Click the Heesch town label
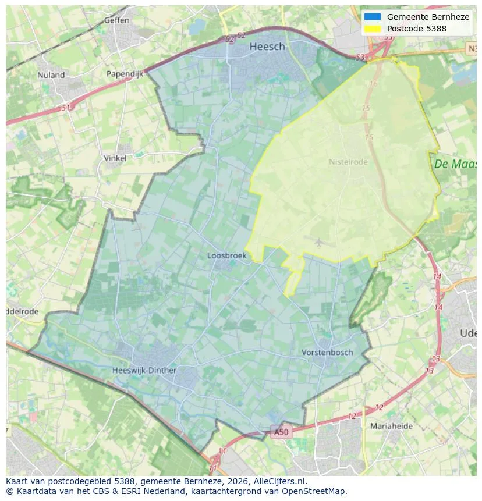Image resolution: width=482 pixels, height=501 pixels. [267, 47]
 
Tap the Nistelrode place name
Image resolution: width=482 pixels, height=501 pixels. [348, 162]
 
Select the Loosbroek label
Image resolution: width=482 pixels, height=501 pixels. [227, 255]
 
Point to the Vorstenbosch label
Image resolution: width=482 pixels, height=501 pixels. [327, 352]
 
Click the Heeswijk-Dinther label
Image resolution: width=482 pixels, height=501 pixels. [144, 370]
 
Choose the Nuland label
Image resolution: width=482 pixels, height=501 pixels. [51, 75]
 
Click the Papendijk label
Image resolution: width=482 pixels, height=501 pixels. [125, 74]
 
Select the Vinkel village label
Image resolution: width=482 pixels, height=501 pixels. [115, 158]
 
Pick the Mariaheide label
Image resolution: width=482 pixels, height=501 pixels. [391, 426]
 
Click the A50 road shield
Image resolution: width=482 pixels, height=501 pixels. [281, 432]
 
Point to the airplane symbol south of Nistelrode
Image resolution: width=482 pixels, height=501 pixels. [320, 241]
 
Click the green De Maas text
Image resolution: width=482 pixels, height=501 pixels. [455, 164]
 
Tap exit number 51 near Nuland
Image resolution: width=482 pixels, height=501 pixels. [66, 108]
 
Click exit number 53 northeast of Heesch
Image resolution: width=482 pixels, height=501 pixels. [360, 57]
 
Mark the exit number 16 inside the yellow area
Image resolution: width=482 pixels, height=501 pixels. [373, 84]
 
